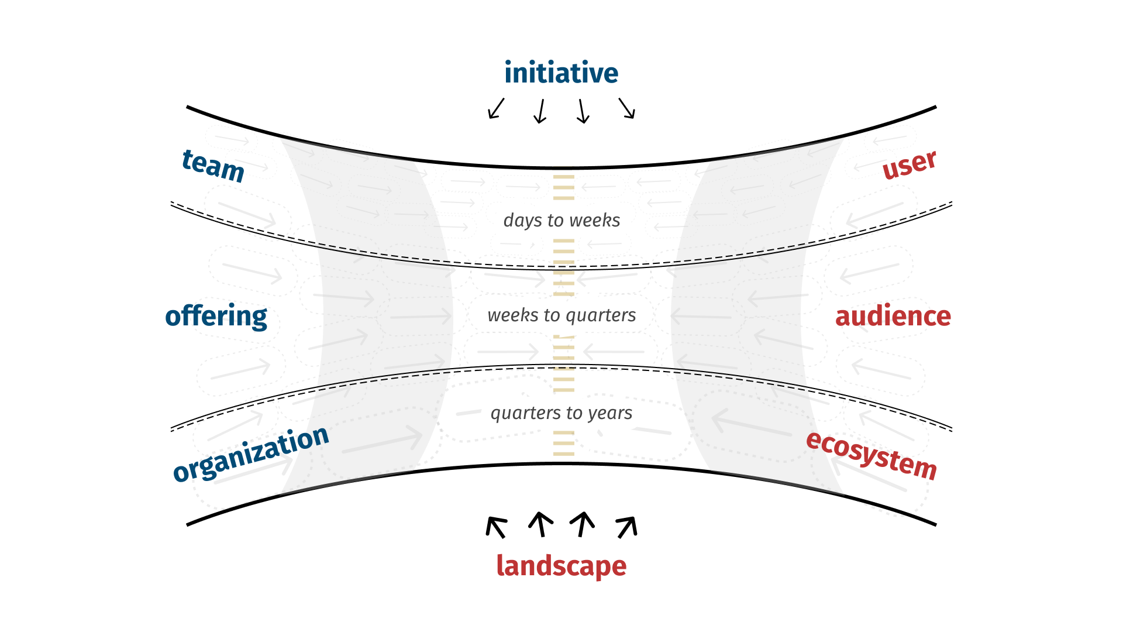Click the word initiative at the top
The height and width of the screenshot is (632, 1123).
[561, 73]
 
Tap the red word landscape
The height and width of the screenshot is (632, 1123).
[561, 566]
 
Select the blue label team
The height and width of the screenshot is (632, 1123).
[213, 166]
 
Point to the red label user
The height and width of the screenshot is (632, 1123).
[910, 164]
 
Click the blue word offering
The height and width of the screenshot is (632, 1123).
[216, 317]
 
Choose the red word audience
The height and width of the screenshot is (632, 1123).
[893, 316]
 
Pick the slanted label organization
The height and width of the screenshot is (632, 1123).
[251, 454]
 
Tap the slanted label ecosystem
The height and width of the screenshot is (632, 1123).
[871, 456]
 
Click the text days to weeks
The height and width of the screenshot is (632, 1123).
[561, 220]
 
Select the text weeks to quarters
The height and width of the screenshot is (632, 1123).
[561, 315]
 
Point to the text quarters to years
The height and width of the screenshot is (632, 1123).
[561, 413]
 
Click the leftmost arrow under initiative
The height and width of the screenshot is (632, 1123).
[496, 109]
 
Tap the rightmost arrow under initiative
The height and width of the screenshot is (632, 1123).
[627, 108]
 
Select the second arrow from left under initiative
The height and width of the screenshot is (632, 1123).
[540, 111]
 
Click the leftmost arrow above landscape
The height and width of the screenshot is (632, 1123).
[496, 527]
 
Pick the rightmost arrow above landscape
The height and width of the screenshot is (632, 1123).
[627, 527]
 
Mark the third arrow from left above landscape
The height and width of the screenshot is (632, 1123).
[583, 524]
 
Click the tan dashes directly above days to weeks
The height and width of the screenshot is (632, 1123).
[564, 187]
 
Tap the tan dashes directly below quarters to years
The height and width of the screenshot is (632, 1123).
[564, 443]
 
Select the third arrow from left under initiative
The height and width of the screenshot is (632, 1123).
[583, 111]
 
